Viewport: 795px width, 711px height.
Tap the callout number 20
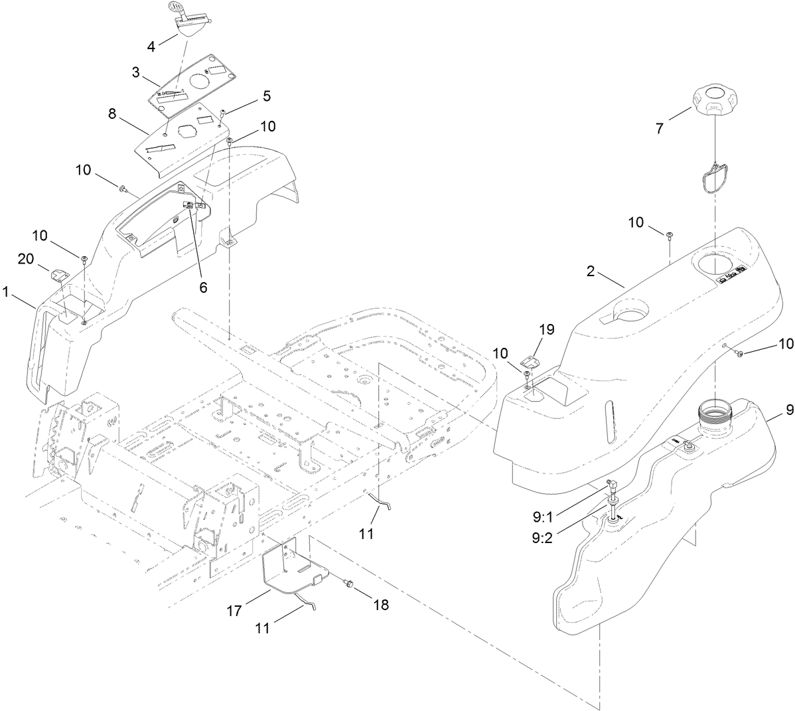pyautogui.click(x=26, y=260)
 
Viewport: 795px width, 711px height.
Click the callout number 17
pyautogui.click(x=236, y=606)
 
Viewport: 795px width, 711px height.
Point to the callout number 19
pyautogui.click(x=548, y=329)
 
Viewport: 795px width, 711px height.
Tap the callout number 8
pyautogui.click(x=112, y=114)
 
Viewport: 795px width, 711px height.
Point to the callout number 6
pyautogui.click(x=203, y=287)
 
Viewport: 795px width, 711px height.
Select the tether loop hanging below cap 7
pyautogui.click(x=713, y=180)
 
